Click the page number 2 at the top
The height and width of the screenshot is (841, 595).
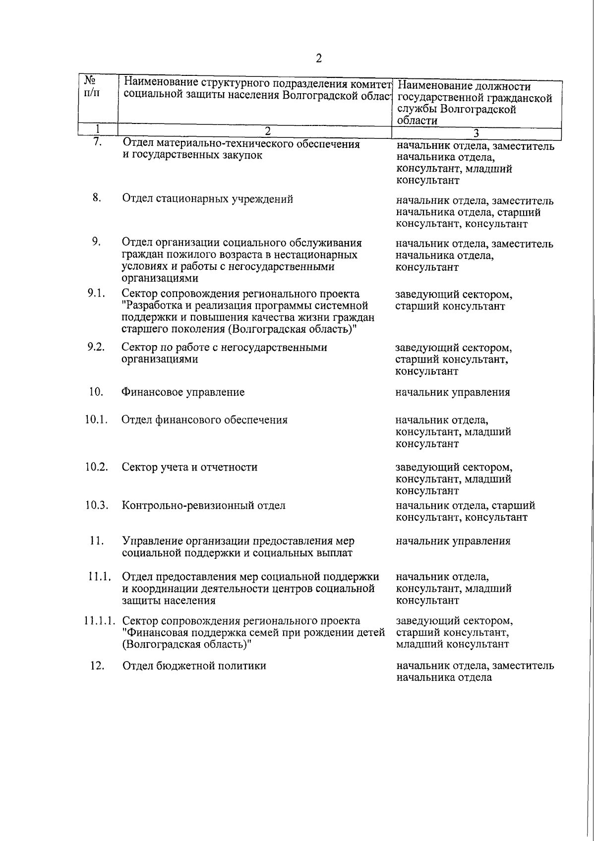tap(319, 59)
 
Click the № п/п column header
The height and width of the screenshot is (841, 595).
tap(91, 87)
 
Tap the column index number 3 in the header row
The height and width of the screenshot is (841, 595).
tap(476, 133)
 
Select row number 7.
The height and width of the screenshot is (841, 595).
tap(97, 142)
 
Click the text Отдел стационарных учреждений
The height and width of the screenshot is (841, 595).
tap(207, 199)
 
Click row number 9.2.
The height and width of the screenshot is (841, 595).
tap(96, 347)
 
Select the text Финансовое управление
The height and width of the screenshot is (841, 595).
tap(183, 392)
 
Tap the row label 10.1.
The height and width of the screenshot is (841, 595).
tap(96, 420)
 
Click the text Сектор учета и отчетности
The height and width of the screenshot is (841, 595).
tap(189, 467)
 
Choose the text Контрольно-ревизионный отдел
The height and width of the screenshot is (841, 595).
tap(204, 506)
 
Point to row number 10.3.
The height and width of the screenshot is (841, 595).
tap(96, 505)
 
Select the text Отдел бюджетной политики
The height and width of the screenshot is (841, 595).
tap(194, 666)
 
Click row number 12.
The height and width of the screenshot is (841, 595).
tap(97, 665)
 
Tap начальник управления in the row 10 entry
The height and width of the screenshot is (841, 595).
tap(452, 392)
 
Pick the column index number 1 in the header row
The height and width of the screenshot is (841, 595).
tap(98, 129)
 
